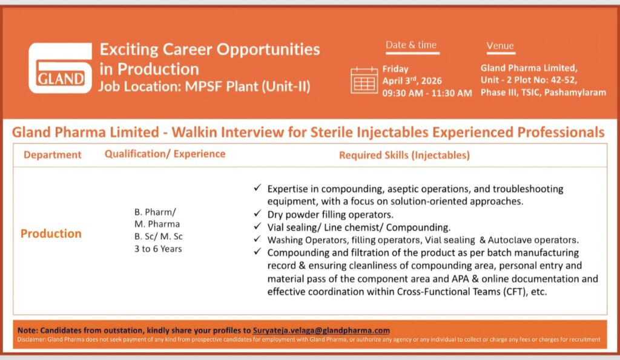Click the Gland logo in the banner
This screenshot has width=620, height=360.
coord(61,67)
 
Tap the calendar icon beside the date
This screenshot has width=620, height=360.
coord(364,80)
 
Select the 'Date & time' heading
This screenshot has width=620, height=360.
coord(411,45)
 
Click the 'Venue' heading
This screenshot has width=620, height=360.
coord(500,45)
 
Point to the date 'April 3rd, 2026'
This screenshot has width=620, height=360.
coord(412,80)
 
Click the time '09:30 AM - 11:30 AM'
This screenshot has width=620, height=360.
coord(427,93)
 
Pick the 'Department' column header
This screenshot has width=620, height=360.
coord(52,155)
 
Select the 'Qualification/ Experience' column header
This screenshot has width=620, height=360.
coord(165,154)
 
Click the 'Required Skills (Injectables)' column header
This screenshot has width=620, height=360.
coord(404,155)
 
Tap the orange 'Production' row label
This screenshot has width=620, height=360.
coord(51,234)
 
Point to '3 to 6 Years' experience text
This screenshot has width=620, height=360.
coord(157,249)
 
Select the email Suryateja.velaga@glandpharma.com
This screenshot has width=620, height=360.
coord(321,330)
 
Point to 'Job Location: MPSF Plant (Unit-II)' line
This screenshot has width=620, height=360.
coord(204,86)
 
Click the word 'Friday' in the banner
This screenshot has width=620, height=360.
coord(395,69)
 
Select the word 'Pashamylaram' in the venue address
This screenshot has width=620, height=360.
coord(578,92)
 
